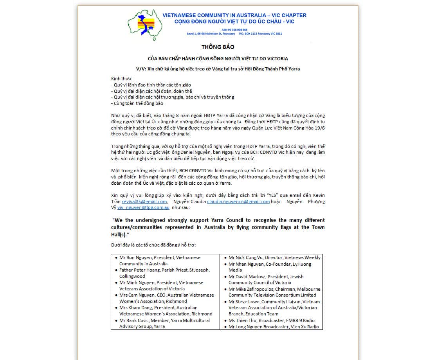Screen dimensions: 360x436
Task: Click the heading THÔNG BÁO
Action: [218, 47]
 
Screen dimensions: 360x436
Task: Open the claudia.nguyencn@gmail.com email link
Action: [238, 202]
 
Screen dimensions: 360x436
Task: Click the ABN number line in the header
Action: [234, 30]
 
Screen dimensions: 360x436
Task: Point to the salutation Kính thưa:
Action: [122, 79]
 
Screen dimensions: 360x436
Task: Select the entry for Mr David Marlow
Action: [246, 277]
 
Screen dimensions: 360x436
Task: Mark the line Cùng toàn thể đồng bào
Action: [138, 103]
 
